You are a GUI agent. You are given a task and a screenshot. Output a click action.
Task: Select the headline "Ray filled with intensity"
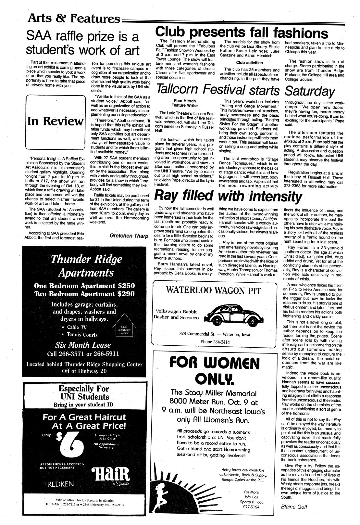pos(228,196)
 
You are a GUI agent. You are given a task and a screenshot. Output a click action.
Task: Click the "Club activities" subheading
pos(249,63)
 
